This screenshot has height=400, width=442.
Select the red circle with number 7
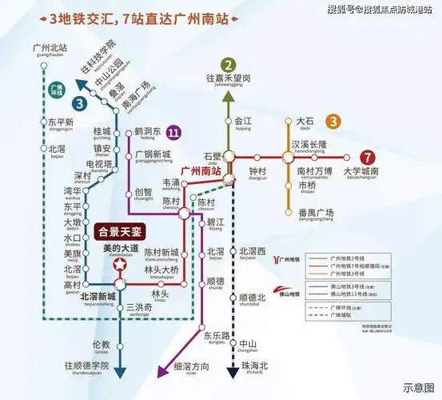(x=367, y=158)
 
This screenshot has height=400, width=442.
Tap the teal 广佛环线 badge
(x=55, y=90)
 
